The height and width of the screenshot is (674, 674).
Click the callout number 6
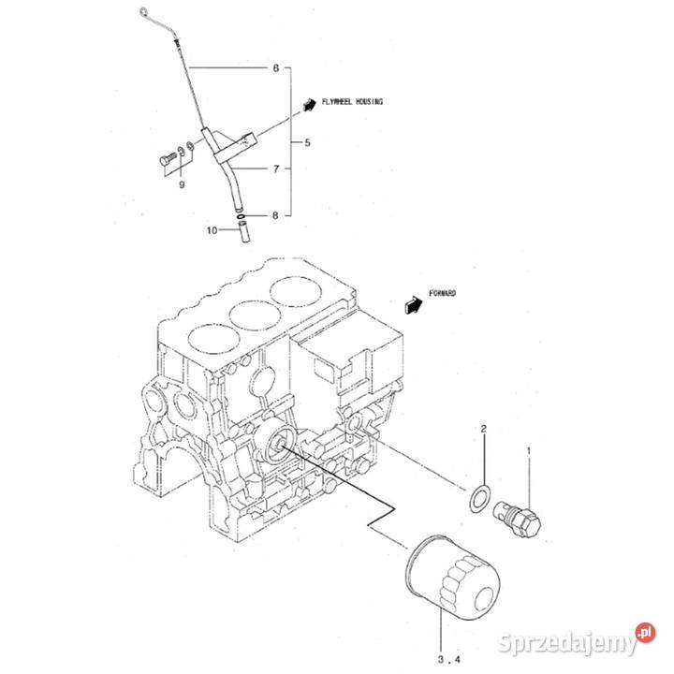click(275, 68)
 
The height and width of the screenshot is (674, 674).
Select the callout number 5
click(297, 143)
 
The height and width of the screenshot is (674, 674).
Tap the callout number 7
click(275, 169)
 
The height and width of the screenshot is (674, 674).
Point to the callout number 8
click(275, 216)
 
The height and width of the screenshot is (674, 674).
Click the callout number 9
click(183, 185)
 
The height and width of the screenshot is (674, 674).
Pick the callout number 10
click(212, 229)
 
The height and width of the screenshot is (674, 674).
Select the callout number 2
click(484, 430)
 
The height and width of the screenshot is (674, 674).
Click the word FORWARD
click(444, 293)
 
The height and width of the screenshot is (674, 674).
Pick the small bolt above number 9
click(167, 161)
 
